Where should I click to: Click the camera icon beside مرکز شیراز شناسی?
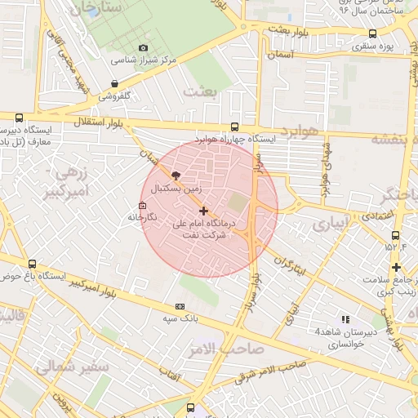point(144,48)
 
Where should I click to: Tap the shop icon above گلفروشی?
point(113,83)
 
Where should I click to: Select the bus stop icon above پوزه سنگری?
point(373,33)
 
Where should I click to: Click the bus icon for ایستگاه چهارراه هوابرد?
point(235,127)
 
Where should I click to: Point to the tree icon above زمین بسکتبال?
point(176,174)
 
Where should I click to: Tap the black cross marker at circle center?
point(203,211)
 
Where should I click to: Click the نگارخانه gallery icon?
point(143,205)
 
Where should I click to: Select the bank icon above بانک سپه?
point(180,306)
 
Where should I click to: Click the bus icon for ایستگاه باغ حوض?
point(32,264)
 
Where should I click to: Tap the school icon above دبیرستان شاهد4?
point(345,319)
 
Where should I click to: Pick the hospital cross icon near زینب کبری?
point(396,267)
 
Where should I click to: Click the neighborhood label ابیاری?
point(334,221)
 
